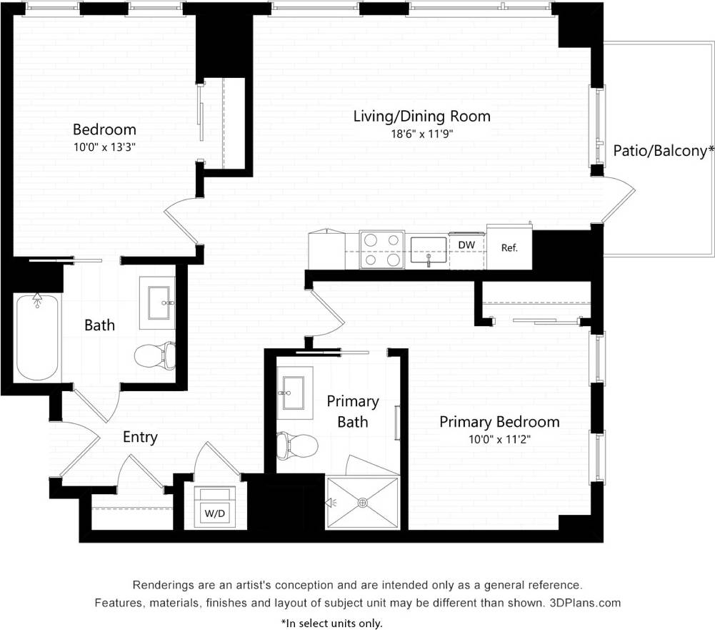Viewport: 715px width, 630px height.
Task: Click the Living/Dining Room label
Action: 421,116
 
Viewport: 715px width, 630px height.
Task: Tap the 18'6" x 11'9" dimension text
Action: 421,133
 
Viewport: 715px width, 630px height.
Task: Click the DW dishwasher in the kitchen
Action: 466,245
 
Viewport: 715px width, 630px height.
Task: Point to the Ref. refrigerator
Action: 509,248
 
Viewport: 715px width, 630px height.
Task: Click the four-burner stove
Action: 381,250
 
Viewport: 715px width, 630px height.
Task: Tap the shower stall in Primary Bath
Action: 362,503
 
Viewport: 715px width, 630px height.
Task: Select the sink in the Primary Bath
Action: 295,393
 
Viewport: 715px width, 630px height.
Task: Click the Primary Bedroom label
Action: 499,422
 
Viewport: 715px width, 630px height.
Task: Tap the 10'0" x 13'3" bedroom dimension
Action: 104,147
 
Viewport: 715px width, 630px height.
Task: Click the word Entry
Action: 140,437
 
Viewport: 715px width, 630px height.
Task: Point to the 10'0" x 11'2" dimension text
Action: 499,439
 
